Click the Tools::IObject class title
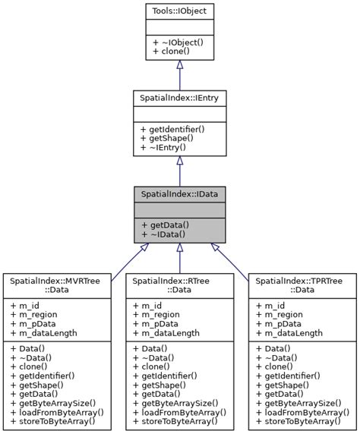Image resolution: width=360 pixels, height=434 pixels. coord(179,11)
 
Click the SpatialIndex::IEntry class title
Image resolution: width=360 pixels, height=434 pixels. coord(179,98)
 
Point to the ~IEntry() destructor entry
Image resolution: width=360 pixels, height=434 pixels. coord(172,148)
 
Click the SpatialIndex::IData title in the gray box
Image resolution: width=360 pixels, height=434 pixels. coord(179,194)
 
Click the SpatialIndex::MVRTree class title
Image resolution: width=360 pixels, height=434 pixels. coord(56,281)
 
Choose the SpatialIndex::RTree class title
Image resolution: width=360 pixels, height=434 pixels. coord(179,281)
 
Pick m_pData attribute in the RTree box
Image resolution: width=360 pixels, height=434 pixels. coord(158,323)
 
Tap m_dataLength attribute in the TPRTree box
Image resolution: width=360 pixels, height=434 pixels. coord(290,333)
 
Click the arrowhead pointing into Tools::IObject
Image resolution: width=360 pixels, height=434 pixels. coord(179,66)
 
